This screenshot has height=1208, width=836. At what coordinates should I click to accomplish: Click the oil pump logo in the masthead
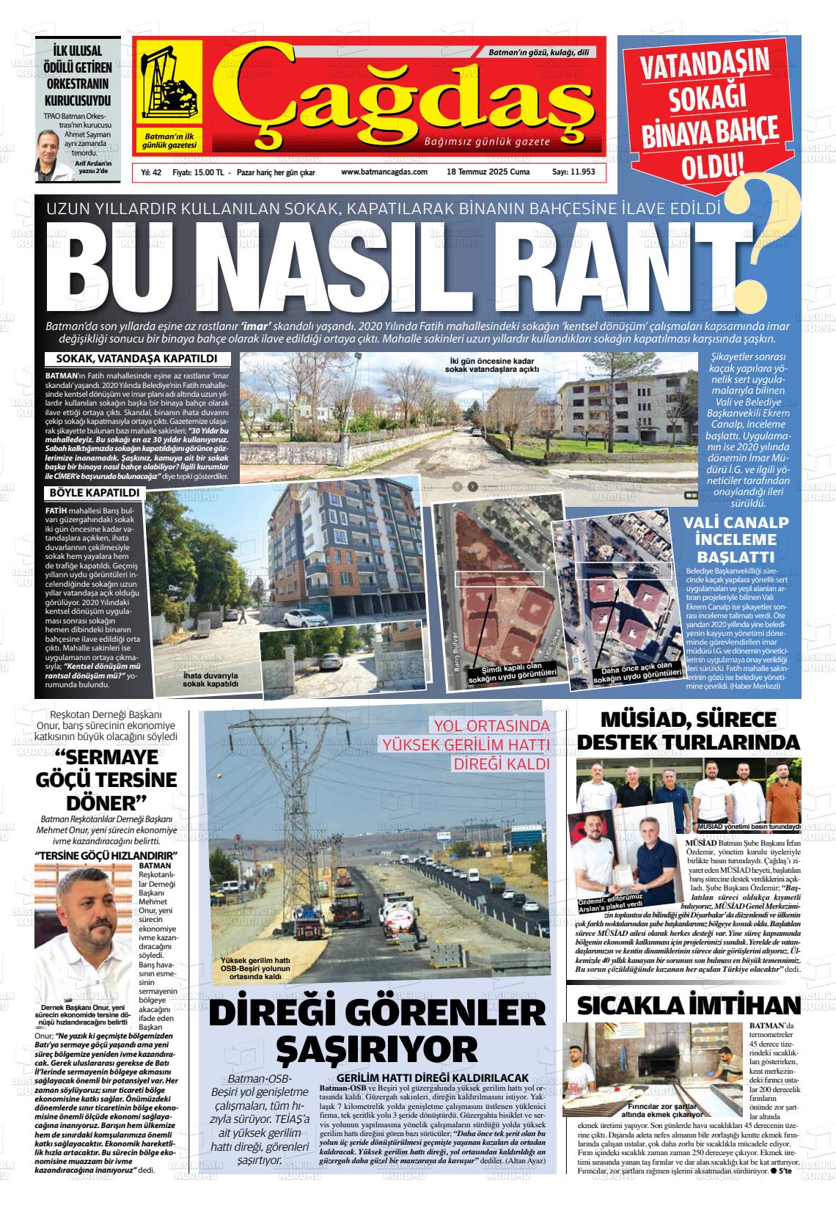[168, 84]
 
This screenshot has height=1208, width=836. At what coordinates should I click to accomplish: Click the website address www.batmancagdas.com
[384, 172]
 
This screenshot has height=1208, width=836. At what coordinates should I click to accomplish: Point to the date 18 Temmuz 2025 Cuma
[488, 172]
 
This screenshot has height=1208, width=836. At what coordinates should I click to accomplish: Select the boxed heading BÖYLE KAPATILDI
[95, 492]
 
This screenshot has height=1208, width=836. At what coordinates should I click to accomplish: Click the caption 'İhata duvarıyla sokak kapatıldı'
[211, 679]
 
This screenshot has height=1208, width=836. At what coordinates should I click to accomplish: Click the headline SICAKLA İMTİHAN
[688, 1005]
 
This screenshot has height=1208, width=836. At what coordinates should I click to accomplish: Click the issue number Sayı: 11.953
[573, 172]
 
